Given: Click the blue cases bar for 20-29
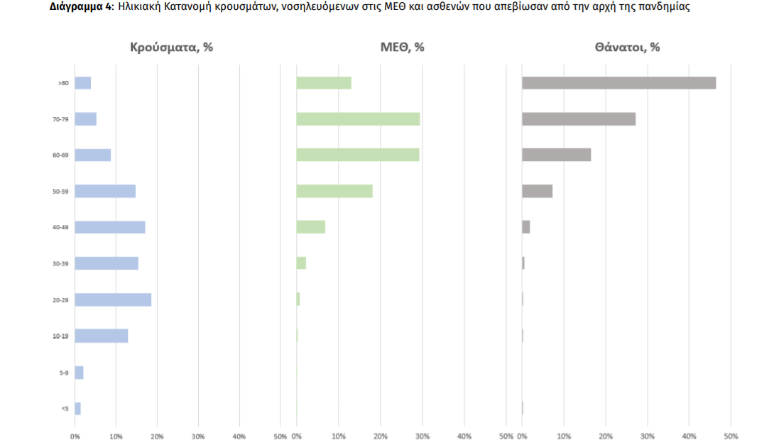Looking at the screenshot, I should click(x=113, y=299).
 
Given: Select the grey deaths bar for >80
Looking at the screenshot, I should click(x=618, y=83).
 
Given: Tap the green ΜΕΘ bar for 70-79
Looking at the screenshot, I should click(x=358, y=119).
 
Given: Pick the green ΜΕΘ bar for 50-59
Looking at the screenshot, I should click(x=334, y=191).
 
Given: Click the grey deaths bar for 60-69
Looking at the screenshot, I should click(x=556, y=155).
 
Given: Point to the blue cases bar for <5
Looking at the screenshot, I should click(x=77, y=409).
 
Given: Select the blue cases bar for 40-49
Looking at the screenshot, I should click(x=110, y=227).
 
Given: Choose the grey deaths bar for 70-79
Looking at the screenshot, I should click(x=579, y=119).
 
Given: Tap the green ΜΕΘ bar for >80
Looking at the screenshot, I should click(x=324, y=83).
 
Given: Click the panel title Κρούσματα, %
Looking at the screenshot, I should click(x=171, y=48).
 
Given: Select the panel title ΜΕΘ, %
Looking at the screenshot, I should click(x=403, y=48).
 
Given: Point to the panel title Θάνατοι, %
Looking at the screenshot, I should click(x=628, y=48).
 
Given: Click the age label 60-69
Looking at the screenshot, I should click(x=60, y=155).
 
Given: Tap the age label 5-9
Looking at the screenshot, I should click(x=64, y=372).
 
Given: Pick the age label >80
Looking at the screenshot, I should click(x=63, y=84).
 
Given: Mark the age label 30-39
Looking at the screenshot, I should click(x=60, y=264).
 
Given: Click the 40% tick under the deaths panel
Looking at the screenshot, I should click(x=689, y=435).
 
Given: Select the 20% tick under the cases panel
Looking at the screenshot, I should click(x=157, y=435).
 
